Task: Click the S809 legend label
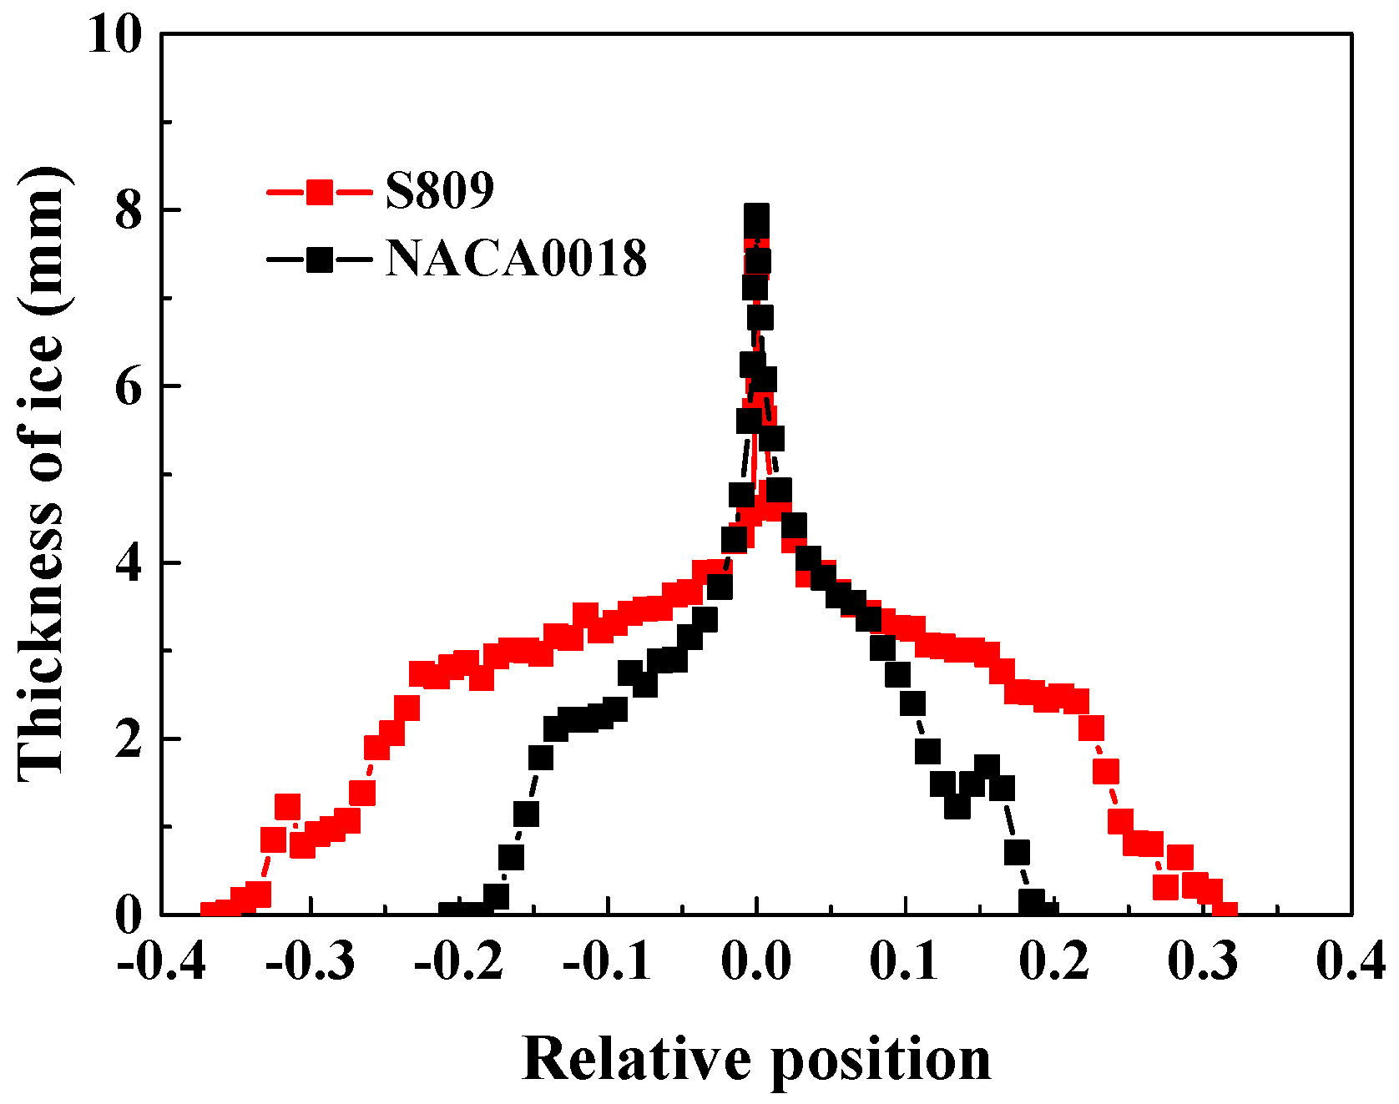coord(439,190)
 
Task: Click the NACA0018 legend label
coord(515,259)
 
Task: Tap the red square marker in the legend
coord(319,192)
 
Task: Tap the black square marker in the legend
coord(319,260)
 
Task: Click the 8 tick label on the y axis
coord(129,211)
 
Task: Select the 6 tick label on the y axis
coord(129,387)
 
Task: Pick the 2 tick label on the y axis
coord(129,740)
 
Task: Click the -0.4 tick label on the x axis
coord(162,962)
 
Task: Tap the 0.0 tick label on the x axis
coord(756,962)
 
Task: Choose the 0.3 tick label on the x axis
coord(1202,962)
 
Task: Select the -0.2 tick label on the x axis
coord(459,962)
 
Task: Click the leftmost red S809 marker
coord(212,913)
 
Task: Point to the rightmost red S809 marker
coord(1225,912)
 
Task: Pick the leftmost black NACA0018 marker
coord(451,913)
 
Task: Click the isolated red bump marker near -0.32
coord(287,807)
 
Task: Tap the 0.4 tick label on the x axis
coord(1351,962)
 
